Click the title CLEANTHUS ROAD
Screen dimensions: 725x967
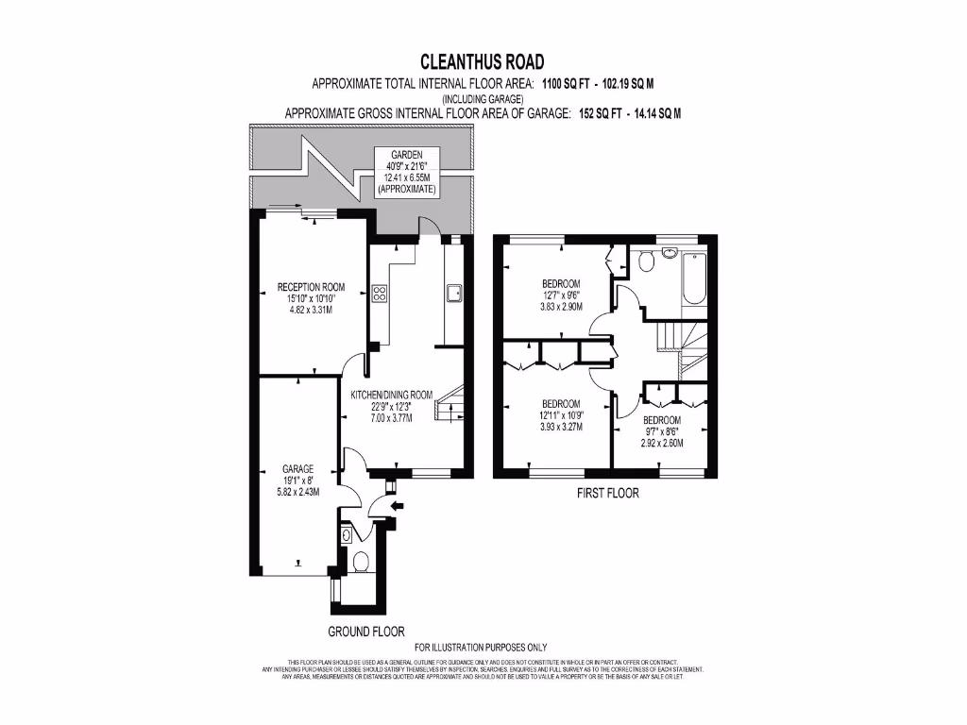(483, 62)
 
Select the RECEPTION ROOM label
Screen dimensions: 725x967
(311, 287)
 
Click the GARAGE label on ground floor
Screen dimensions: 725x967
(297, 468)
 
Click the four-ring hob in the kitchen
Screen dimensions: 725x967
(381, 294)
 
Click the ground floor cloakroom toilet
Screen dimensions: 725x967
(360, 563)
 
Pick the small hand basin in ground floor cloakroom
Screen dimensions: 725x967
(346, 535)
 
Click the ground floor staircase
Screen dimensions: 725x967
(448, 403)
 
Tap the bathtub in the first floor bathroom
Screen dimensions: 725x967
(693, 278)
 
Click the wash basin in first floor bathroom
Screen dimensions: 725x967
(669, 253)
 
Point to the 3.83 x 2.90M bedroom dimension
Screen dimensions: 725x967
(561, 307)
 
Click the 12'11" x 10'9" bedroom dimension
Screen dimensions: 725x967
(561, 414)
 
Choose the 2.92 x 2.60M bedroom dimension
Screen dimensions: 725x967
(662, 443)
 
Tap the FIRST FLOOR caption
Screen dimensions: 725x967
(607, 493)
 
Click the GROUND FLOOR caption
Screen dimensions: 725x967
(366, 631)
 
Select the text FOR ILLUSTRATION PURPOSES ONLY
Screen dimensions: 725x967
(481, 647)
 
